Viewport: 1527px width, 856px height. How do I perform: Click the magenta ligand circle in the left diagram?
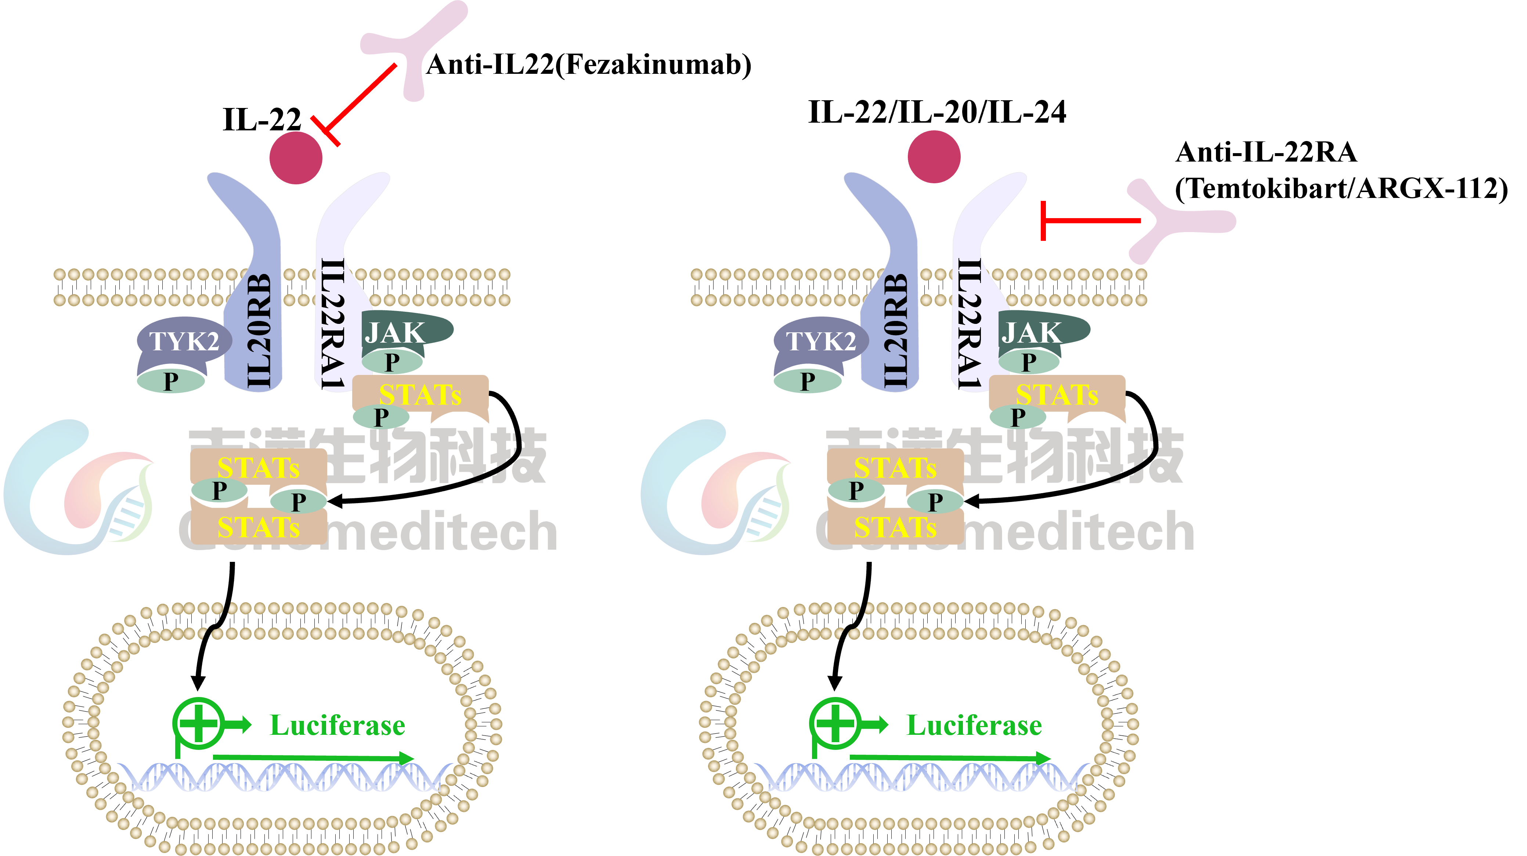(x=296, y=158)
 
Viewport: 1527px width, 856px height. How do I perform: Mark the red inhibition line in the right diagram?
(x=1091, y=221)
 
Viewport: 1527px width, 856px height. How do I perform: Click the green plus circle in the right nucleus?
(x=835, y=723)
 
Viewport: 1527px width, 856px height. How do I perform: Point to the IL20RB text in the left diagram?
(x=259, y=332)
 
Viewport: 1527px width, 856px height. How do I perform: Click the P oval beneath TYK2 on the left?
(x=171, y=380)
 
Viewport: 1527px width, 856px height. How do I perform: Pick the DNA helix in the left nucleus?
(x=285, y=777)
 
